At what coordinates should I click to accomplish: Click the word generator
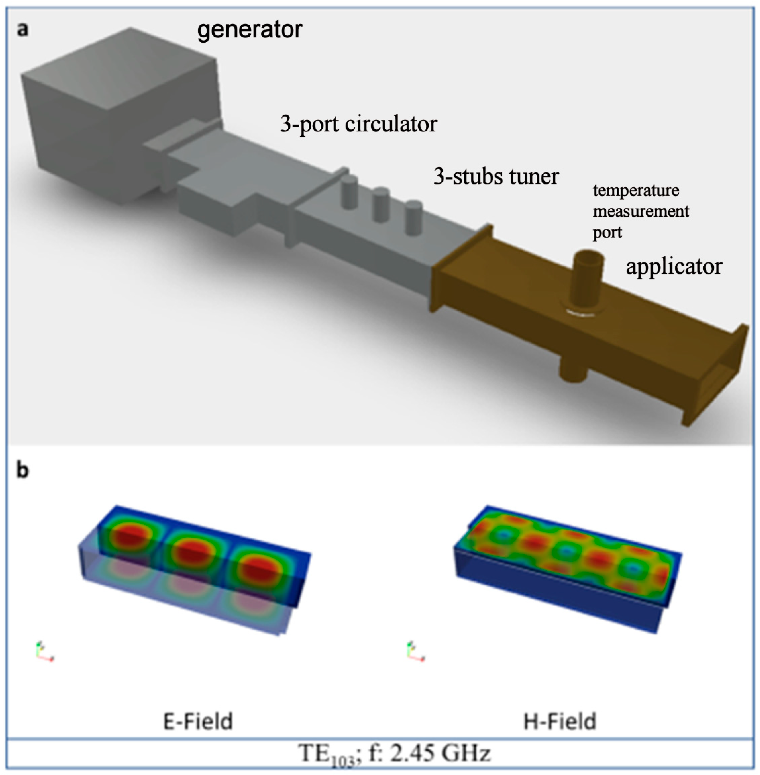point(249,30)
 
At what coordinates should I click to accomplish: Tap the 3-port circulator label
point(358,124)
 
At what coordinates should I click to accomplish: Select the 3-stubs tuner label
point(496,176)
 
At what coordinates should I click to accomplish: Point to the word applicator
point(674,266)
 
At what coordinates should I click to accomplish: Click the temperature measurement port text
point(640,211)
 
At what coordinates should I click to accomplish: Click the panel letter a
point(23,30)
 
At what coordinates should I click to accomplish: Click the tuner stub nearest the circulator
point(350,192)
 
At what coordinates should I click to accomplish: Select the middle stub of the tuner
point(381,205)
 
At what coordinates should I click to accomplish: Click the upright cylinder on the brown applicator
point(588,279)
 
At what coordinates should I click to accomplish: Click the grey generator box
point(120,120)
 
